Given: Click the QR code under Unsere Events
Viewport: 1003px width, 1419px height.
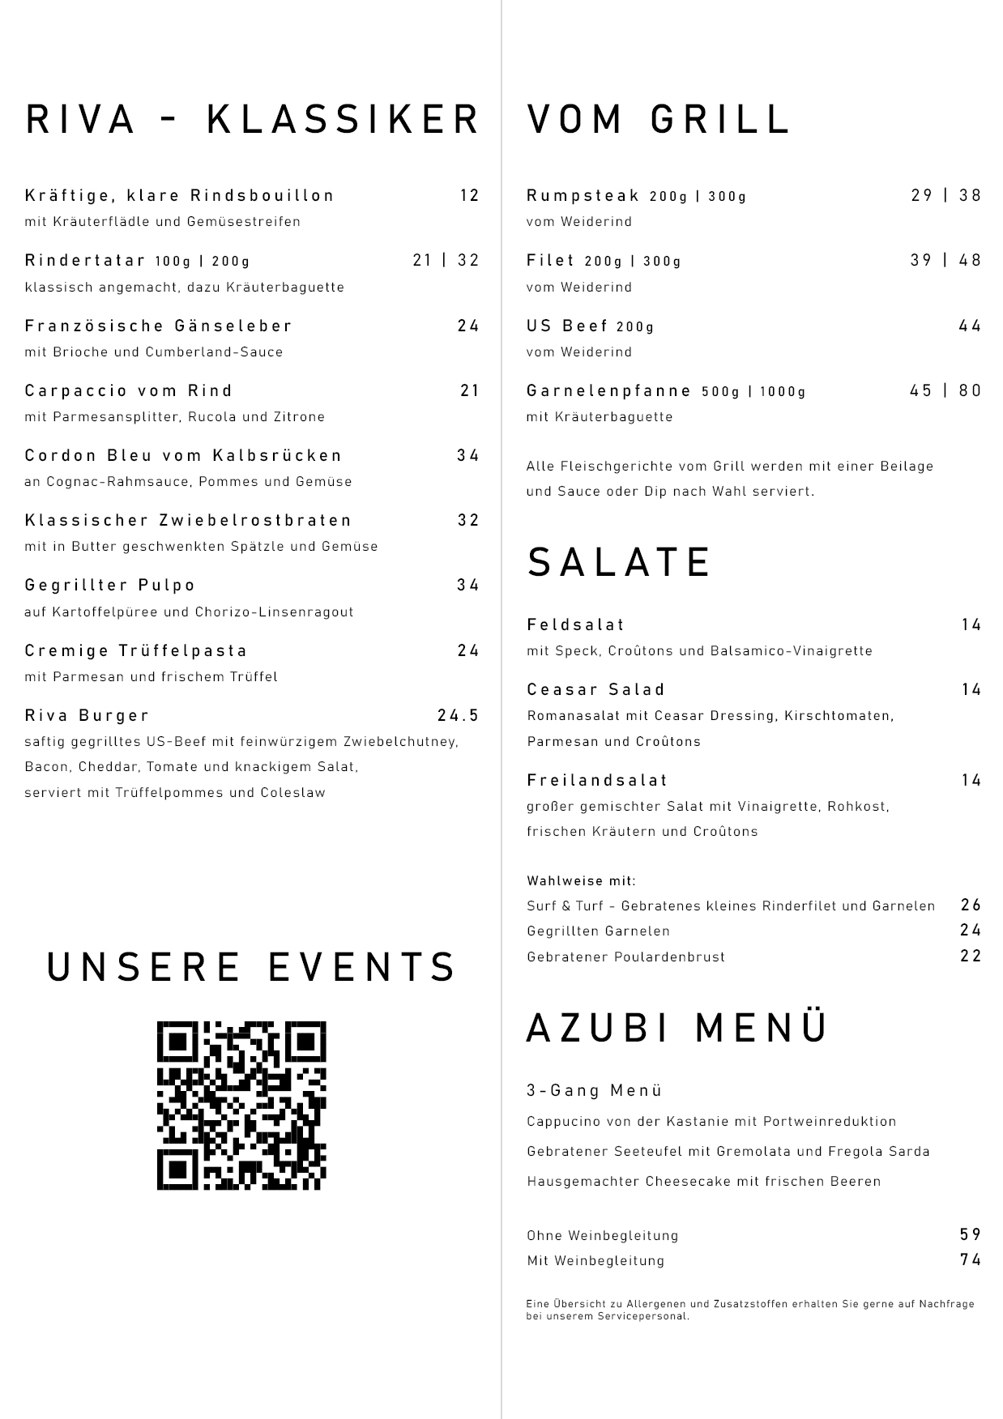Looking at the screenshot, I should pos(241,1105).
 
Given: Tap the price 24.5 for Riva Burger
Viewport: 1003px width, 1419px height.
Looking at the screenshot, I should pos(459,715).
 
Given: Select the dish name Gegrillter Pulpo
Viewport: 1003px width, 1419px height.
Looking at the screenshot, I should pos(110,586).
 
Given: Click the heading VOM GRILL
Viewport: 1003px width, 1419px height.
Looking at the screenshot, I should pos(659,119).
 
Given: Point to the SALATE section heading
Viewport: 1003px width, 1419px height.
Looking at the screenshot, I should pos(620,562).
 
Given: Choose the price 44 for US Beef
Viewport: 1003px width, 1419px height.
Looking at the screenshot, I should pos(970,326).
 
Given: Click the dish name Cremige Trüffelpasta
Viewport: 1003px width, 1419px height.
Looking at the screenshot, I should pos(136,650).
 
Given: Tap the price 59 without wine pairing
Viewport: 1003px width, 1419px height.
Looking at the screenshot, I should pos(971,1234).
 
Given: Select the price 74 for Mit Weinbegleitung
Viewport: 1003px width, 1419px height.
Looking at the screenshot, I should pos(971,1259).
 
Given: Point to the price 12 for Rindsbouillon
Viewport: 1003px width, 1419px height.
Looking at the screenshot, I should pos(470,195).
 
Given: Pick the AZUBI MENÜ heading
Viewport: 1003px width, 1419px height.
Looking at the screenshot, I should pos(677,1028).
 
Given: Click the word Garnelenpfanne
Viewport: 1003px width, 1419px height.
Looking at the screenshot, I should pos(609,390).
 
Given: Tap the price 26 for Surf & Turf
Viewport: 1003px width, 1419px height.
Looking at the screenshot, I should pos(971,905).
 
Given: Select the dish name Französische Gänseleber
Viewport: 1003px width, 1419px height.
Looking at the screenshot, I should pos(159,326).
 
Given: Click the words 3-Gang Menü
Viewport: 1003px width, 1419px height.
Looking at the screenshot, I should pos(595,1090).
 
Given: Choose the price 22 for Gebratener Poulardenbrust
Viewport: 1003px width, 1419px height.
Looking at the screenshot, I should pos(971,956).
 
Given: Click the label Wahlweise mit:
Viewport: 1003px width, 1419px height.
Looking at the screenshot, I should pos(582,880).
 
